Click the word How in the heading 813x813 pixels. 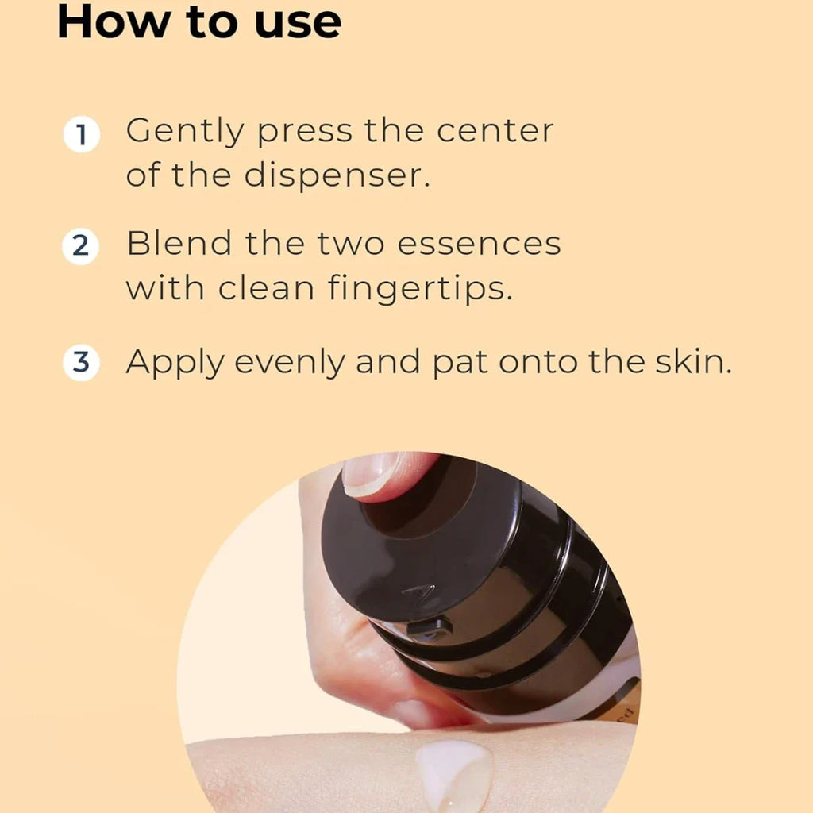click(x=114, y=21)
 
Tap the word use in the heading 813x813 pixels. click(x=299, y=25)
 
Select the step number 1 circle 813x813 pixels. click(x=82, y=134)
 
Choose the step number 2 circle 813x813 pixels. click(x=80, y=246)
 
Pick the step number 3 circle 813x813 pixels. click(x=81, y=362)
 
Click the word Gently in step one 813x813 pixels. click(x=184, y=133)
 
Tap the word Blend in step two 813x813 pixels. click(x=179, y=243)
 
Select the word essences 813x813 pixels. click(x=479, y=245)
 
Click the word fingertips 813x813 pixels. click(x=420, y=288)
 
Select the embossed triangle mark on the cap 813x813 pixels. click(x=419, y=591)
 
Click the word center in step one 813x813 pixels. click(x=495, y=131)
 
